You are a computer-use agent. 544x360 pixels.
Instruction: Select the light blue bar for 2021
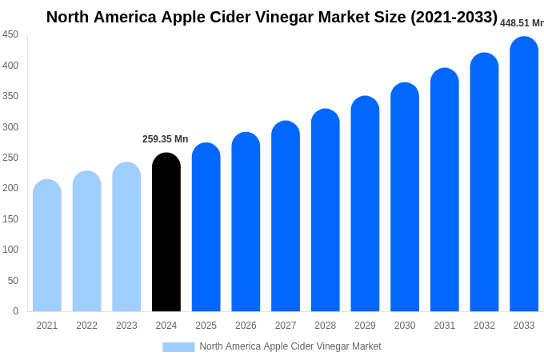(x=47, y=246)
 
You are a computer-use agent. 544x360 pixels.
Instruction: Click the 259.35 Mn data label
(x=165, y=139)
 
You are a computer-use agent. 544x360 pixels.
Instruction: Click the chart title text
(x=272, y=17)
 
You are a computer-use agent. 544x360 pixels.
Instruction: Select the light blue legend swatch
(x=178, y=346)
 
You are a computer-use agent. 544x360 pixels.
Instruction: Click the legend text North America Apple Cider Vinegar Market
(x=290, y=346)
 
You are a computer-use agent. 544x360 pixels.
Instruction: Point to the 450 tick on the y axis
(x=10, y=34)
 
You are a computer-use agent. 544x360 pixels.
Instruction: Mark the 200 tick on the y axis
(x=10, y=188)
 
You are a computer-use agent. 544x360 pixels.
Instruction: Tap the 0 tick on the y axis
(x=15, y=311)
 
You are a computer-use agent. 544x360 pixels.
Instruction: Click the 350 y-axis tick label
(x=10, y=96)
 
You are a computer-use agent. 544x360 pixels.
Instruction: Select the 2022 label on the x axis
(x=86, y=326)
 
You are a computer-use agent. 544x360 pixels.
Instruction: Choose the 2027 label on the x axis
(x=286, y=326)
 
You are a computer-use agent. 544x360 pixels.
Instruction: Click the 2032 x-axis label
(x=484, y=326)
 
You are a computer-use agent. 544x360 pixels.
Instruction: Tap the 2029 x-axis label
(x=365, y=326)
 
